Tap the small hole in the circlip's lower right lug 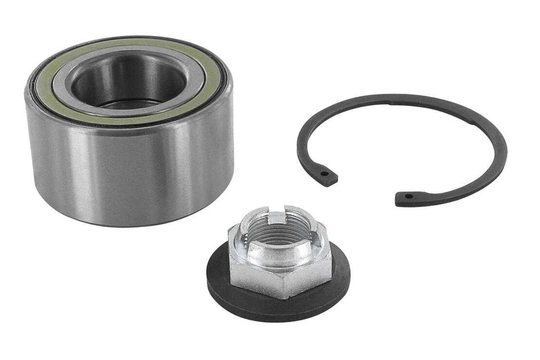[x=408, y=197]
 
